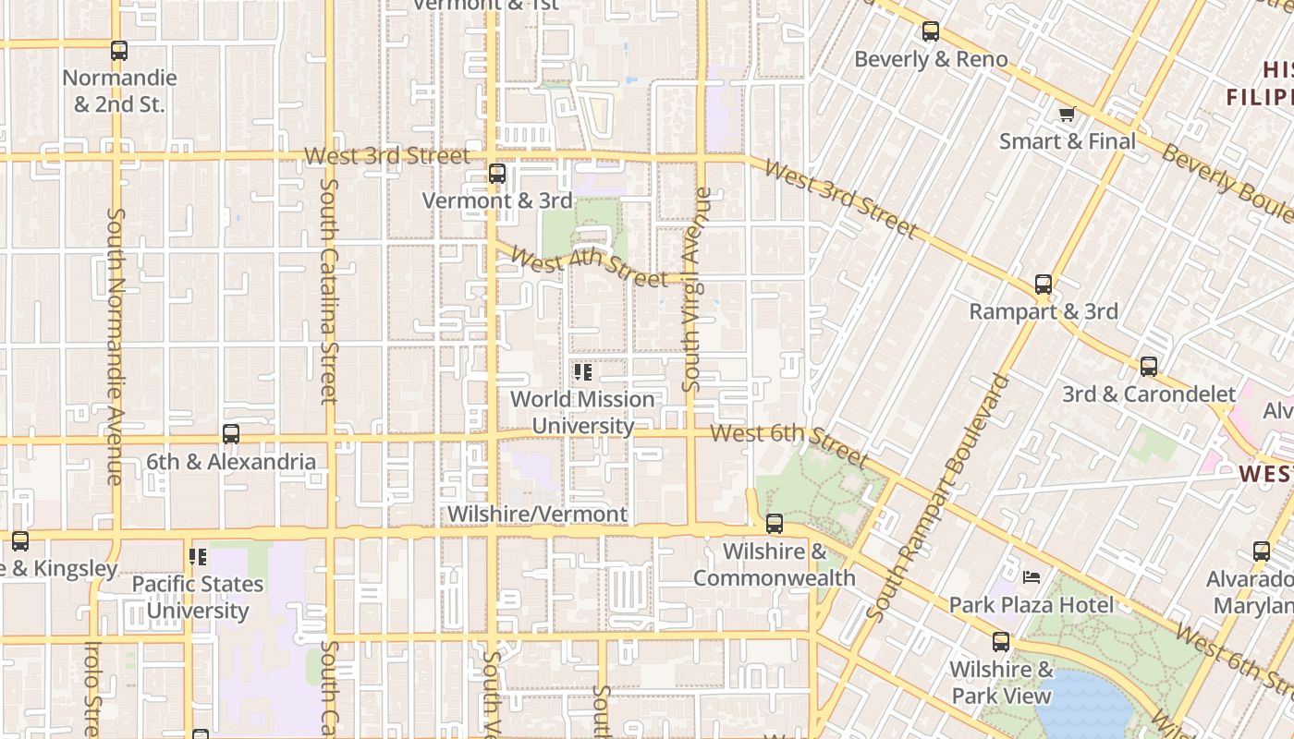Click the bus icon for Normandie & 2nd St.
point(119,51)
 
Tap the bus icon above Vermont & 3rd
point(497,174)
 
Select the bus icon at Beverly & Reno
point(931,31)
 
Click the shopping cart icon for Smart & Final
point(1068,114)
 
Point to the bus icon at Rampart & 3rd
point(1044,285)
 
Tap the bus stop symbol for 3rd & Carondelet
point(1149,367)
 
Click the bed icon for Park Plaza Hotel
point(1032,577)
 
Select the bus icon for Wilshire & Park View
point(1001,642)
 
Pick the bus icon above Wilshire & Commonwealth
point(775,524)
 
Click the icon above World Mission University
point(582,372)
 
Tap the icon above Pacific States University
point(198,557)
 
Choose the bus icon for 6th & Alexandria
point(231,434)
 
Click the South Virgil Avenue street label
point(697,289)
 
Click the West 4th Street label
point(588,265)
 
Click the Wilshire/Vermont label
point(537,515)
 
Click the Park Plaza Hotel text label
point(1032,605)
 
